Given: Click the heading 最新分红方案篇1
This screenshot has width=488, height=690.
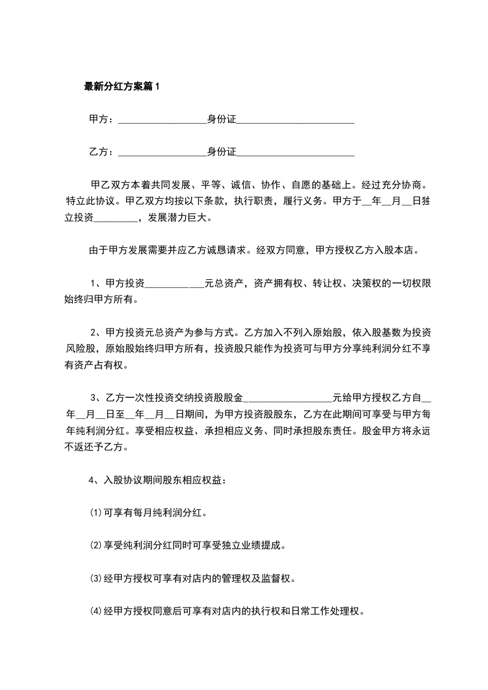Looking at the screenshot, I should (x=122, y=87).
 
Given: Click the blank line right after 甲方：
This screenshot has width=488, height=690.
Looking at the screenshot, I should (x=161, y=119).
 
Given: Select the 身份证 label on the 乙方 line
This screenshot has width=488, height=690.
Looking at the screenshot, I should (x=222, y=151).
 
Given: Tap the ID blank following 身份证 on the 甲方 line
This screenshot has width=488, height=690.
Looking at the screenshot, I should (x=295, y=119).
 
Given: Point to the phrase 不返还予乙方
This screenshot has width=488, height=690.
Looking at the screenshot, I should (x=97, y=448).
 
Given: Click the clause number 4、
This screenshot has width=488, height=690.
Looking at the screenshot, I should (x=95, y=480).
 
